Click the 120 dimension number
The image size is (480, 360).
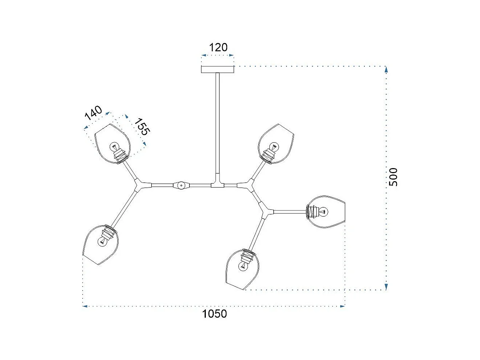click(218, 47)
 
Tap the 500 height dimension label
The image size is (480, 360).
click(393, 177)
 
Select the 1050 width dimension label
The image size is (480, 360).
click(214, 314)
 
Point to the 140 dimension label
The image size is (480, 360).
click(93, 113)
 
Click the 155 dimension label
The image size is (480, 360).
click(142, 127)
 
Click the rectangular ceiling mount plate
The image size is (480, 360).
click(218, 69)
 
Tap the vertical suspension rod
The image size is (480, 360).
click(218, 123)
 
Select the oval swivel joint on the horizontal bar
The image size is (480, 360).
click(181, 185)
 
